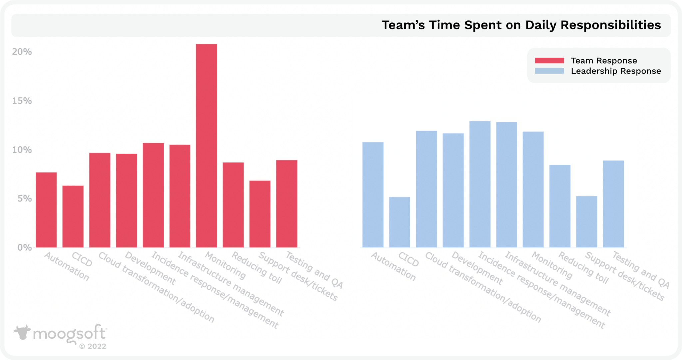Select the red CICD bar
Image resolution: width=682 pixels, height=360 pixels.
[73, 216]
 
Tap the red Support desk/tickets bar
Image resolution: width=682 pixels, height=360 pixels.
[260, 214]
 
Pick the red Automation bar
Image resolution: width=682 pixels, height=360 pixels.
[46, 210]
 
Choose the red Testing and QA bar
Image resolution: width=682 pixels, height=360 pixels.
[287, 204]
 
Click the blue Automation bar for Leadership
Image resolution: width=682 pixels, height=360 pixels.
[373, 195]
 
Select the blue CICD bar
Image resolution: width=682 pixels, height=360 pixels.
[400, 222]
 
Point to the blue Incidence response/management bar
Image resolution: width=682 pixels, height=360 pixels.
[480, 184]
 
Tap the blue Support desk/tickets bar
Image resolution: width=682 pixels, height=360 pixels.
[587, 222]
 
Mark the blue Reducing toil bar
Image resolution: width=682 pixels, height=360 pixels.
[560, 206]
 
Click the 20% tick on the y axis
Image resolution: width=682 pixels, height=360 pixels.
[22, 52]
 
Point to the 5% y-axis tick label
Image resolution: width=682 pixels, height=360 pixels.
[24, 199]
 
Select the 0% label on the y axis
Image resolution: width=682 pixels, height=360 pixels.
[24, 248]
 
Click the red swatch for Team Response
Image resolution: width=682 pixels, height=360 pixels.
[549, 60]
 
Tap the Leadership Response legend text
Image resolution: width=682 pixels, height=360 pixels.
[616, 71]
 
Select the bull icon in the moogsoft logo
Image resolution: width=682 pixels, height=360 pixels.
[22, 332]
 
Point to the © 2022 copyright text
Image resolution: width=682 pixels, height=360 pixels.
[93, 346]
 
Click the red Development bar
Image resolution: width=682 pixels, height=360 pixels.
[127, 200]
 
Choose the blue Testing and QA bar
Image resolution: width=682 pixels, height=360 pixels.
[613, 204]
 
